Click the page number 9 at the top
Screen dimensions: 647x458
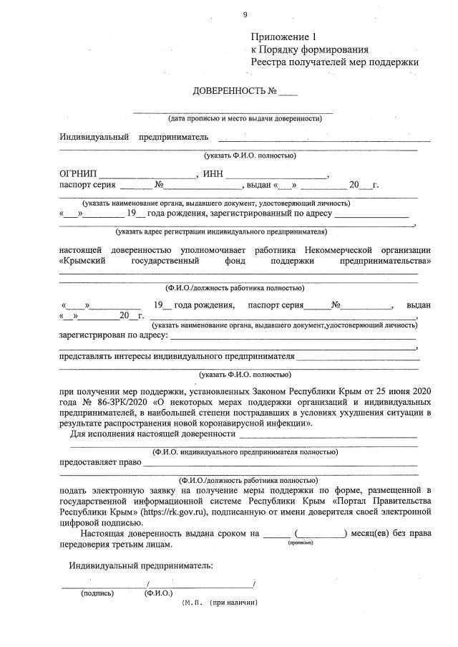(x=245, y=14)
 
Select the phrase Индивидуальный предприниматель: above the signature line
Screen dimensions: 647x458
(x=141, y=565)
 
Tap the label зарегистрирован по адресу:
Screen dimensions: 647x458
(x=114, y=334)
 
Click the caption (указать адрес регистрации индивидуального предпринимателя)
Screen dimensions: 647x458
(x=221, y=232)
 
